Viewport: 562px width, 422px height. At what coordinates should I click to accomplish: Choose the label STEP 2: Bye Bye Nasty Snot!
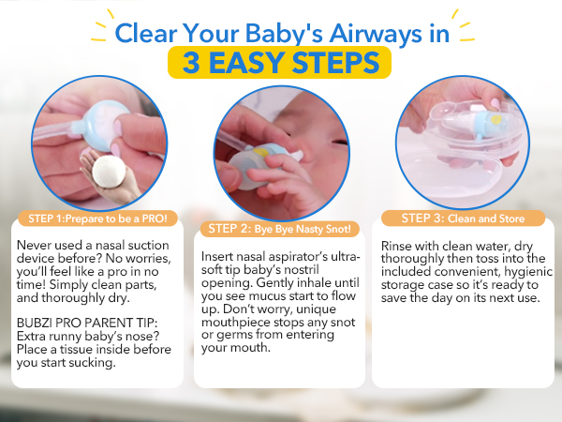[x=280, y=228]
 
